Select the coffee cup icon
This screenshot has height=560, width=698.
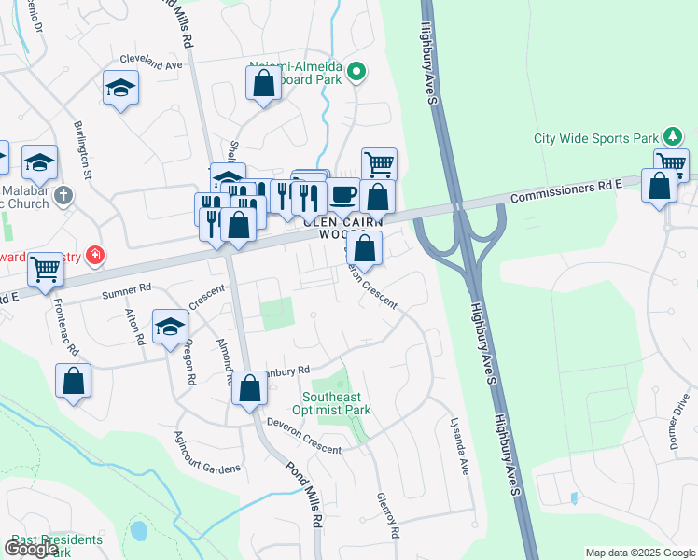[x=343, y=194]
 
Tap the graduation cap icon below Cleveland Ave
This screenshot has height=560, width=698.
[x=120, y=90]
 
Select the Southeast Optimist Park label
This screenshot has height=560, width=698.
[x=331, y=403]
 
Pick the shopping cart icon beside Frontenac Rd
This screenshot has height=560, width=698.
[x=45, y=270]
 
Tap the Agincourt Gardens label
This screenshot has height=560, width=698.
[x=208, y=452]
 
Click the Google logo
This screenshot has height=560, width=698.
[x=32, y=549]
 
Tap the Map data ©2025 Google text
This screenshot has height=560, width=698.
[x=639, y=553]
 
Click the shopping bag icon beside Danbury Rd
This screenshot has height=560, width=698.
[x=248, y=389]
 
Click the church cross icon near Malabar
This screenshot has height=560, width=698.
[x=63, y=196]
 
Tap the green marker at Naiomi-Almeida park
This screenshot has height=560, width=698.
[x=356, y=71]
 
